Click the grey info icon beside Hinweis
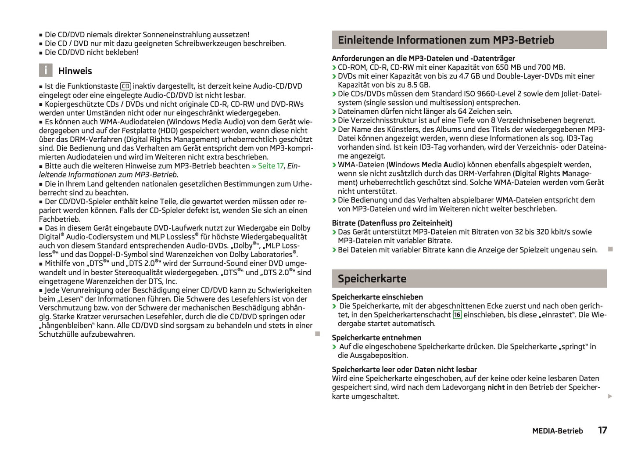pos(46,71)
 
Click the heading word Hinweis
pos(75,71)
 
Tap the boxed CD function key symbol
pos(125,86)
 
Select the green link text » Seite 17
pos(268,166)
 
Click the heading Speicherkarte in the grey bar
pos(372,279)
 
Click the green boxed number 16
pos(457,315)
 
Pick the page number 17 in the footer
pos(602,430)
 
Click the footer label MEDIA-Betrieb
pos(557,431)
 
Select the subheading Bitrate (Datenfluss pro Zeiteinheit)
pos(392,223)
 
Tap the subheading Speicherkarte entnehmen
pos(376,338)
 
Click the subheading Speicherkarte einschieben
pos(377,297)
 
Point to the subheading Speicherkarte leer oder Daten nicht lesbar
pos(404,370)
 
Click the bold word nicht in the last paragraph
pos(496,387)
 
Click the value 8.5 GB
pos(418,85)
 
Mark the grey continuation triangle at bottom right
pos(610,396)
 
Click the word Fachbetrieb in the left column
pos(60,219)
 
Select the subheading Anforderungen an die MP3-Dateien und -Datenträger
pos(423,58)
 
